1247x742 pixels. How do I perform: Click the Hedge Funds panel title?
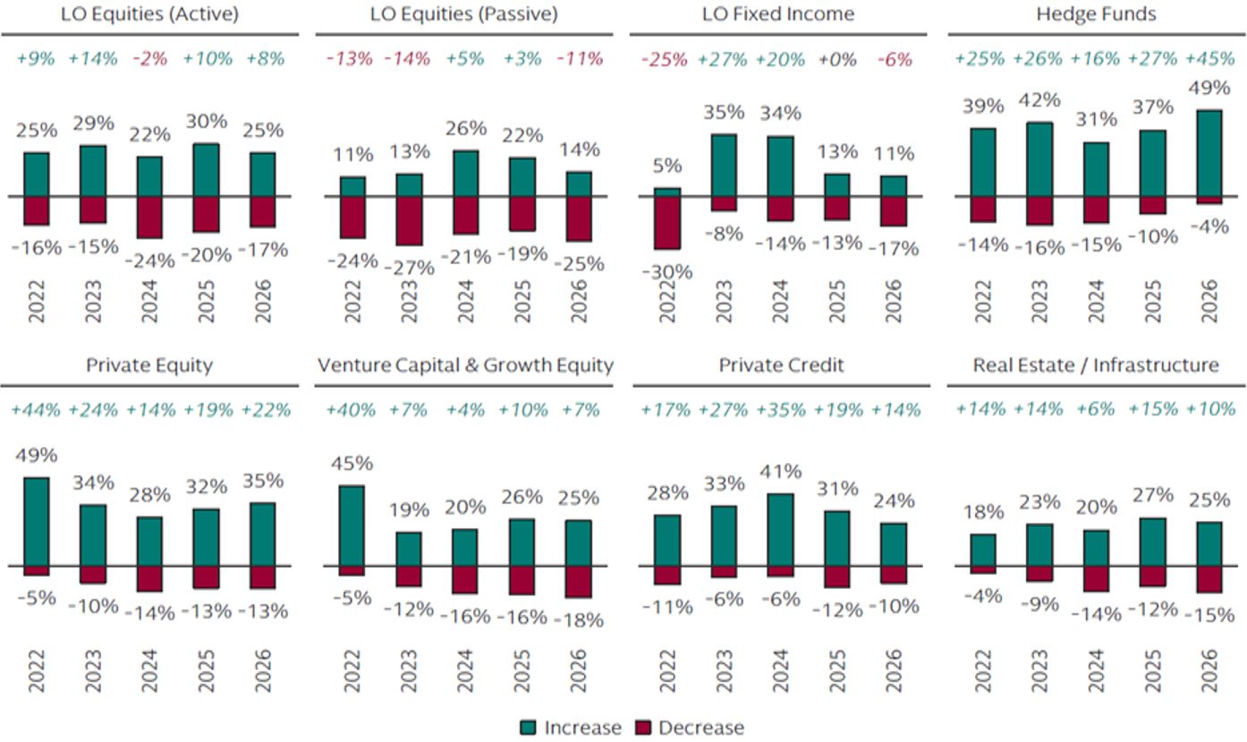(1096, 14)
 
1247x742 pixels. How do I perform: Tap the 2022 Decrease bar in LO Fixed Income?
(666, 222)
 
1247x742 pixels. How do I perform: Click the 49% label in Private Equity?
(36, 455)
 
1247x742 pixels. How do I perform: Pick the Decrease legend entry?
(689, 728)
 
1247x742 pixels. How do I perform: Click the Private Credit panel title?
(781, 365)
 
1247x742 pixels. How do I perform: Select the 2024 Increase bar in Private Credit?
(780, 529)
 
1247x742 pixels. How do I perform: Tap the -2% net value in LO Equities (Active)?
(150, 59)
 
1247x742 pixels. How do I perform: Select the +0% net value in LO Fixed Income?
(837, 59)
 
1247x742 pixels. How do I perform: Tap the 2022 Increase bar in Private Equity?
(36, 521)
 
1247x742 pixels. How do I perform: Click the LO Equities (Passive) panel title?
(463, 14)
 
